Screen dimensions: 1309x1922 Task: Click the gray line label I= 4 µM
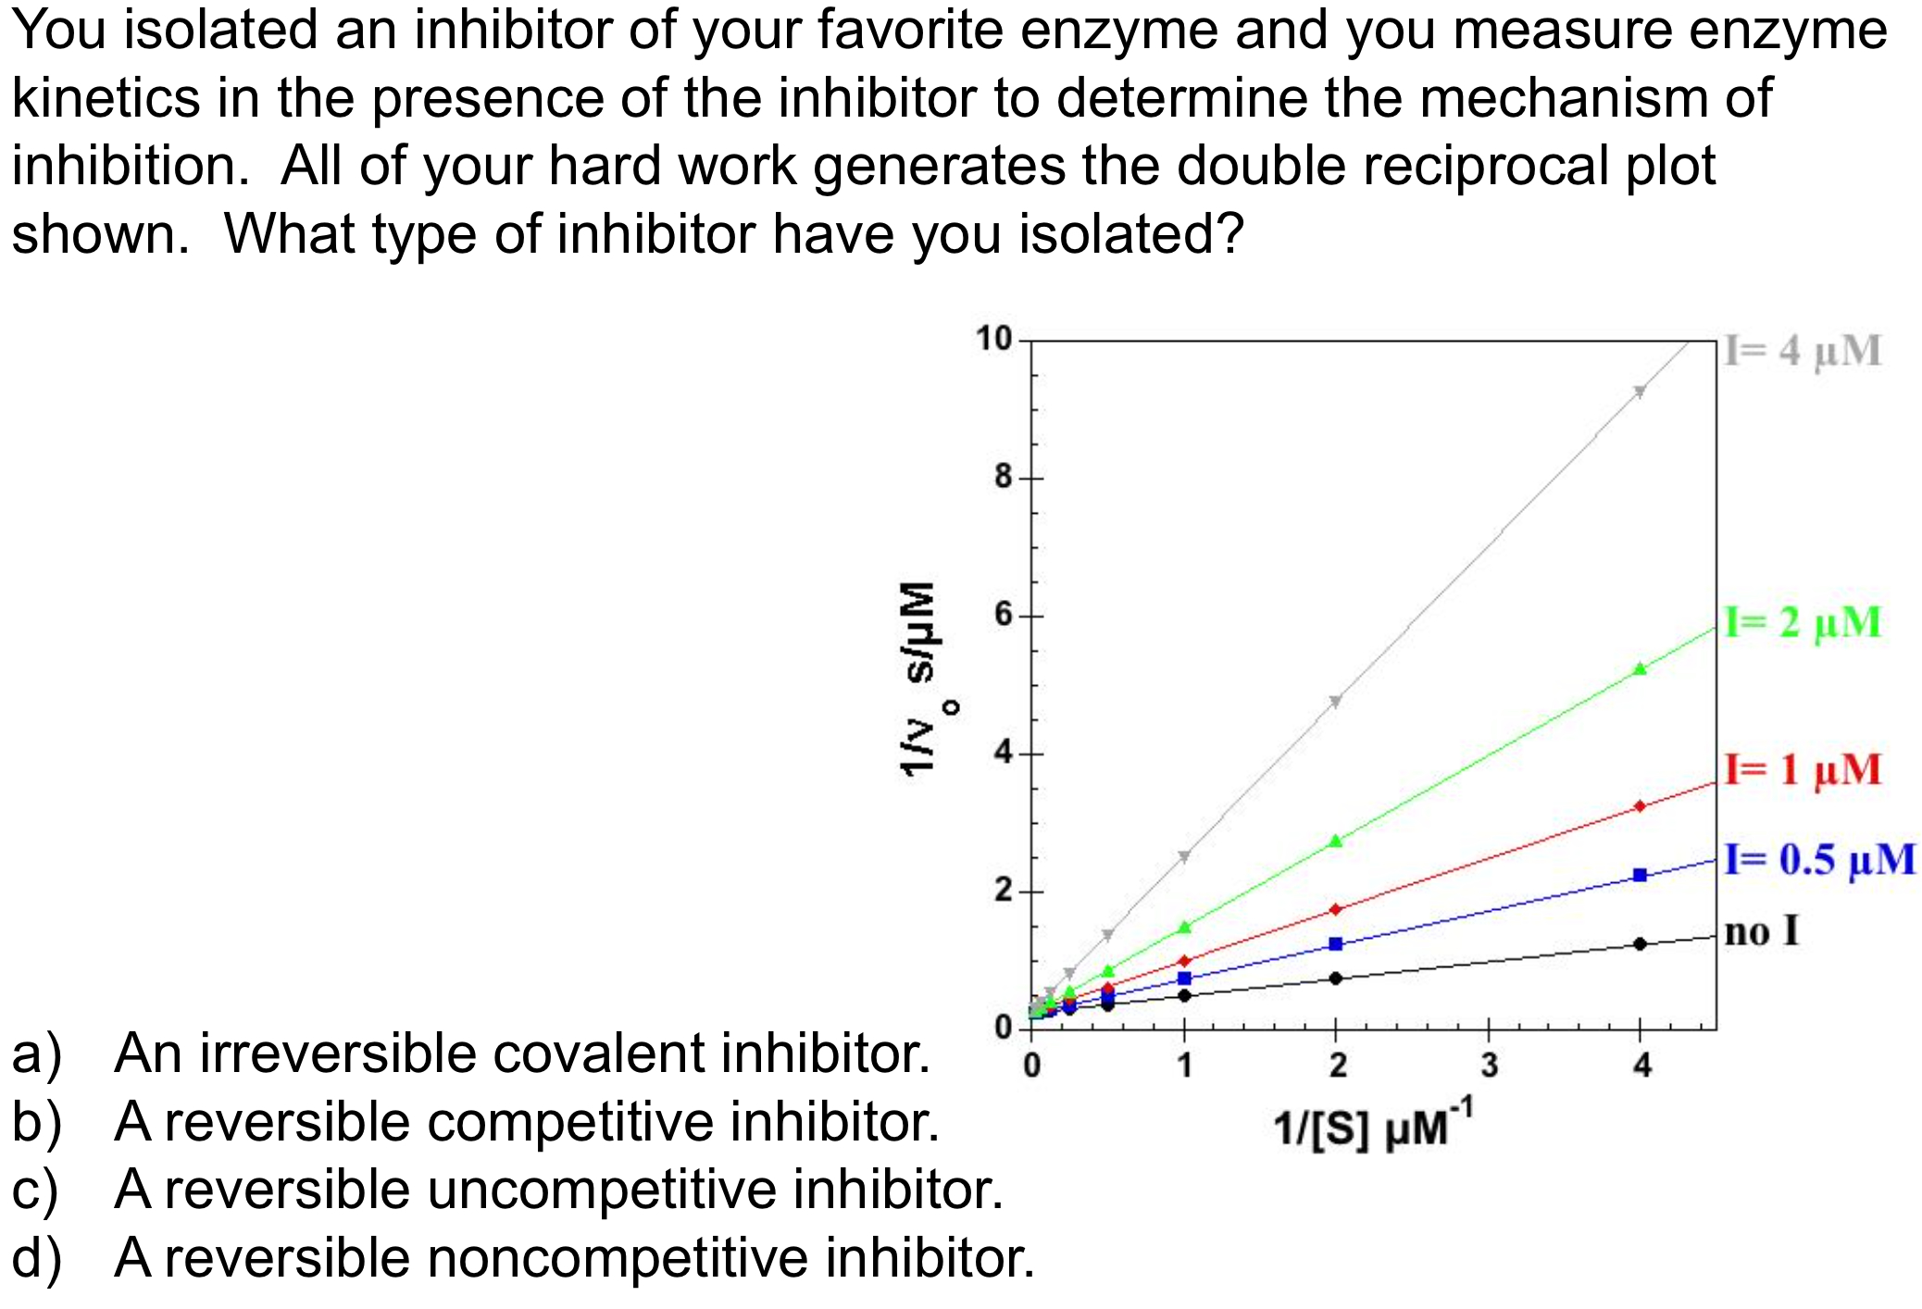[1803, 351]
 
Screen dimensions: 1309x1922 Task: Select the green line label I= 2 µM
[1803, 622]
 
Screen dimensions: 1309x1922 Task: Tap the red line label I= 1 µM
[1803, 769]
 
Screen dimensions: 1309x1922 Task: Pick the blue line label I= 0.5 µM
[1819, 859]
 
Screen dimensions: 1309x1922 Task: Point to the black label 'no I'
[1761, 930]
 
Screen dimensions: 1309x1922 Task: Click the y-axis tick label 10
[993, 339]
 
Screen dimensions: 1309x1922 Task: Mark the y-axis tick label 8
[1004, 478]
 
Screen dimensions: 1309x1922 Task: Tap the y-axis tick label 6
[1004, 616]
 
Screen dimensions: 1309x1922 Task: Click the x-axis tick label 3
[1489, 1066]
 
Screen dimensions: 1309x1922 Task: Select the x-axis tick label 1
[1184, 1066]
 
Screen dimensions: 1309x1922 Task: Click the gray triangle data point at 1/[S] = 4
[1640, 392]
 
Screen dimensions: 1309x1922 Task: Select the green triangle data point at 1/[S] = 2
[1335, 841]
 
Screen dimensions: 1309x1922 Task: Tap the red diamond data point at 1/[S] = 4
[1640, 806]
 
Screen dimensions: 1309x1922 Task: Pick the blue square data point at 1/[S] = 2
[1335, 944]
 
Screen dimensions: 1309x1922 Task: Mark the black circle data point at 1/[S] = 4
[1640, 943]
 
